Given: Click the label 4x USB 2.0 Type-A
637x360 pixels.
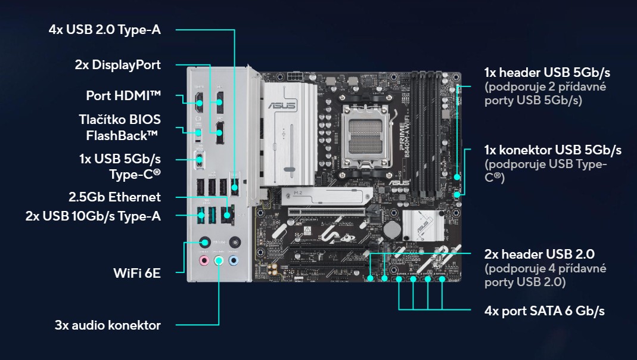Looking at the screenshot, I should click(105, 29).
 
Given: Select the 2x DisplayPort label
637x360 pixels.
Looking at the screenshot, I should click(117, 65).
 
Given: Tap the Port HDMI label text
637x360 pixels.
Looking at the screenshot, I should click(123, 95).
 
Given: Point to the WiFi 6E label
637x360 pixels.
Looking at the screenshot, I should click(137, 273).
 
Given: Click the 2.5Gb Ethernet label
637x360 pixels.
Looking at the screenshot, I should click(114, 197).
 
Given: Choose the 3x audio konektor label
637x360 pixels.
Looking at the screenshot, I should click(107, 325).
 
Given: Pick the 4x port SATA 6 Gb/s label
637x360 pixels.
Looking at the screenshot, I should click(545, 311).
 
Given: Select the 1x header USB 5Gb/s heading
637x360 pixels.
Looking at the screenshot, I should click(547, 73).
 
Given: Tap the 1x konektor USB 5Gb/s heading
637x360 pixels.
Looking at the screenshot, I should click(553, 150).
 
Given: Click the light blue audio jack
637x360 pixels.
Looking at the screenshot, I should click(234, 260).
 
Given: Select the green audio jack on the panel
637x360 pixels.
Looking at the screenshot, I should click(219, 260).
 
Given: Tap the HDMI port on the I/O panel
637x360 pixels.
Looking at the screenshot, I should click(198, 102).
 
